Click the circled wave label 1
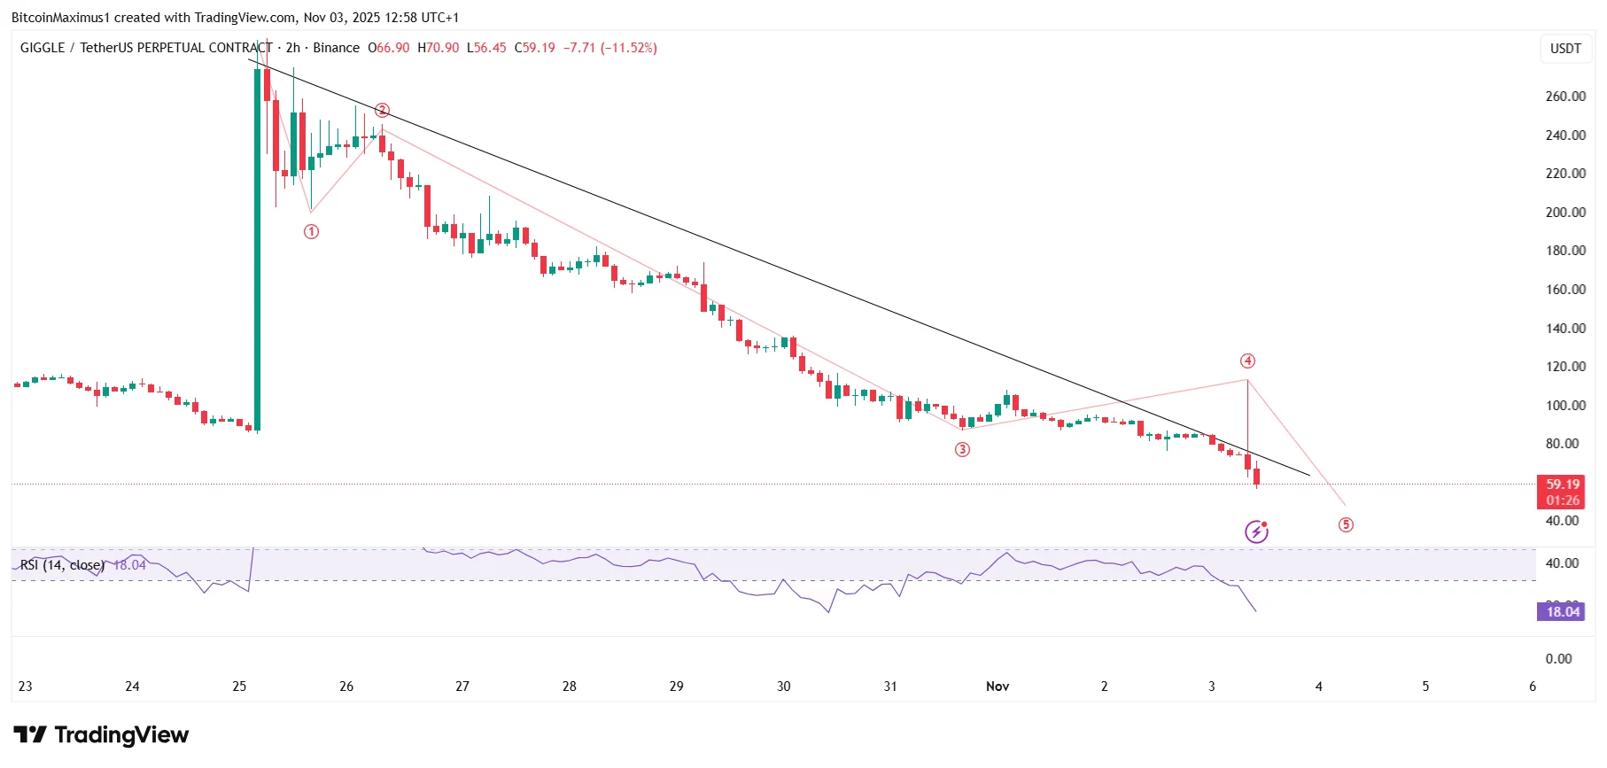coord(311,232)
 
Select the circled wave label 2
coord(382,111)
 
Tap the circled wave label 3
coord(962,450)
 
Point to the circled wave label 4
coord(1247,361)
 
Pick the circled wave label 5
coord(1346,525)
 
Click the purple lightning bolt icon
coord(1256,531)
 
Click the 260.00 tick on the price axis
coord(1565,97)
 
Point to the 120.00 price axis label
coord(1565,367)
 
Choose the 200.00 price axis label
coord(1565,213)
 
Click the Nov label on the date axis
coord(998,687)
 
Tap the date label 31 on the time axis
coord(890,687)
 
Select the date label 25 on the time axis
coord(239,687)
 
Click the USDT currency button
coord(1565,49)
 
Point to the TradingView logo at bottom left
coord(101,735)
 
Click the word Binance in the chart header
coord(336,48)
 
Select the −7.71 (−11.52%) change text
coord(610,48)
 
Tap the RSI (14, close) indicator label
coord(62,565)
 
